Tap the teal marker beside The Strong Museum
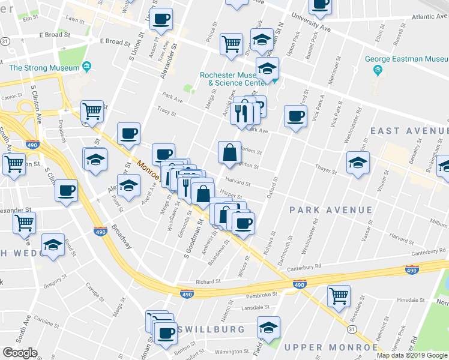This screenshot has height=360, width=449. pyautogui.click(x=86, y=65)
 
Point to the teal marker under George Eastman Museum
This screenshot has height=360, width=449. pyautogui.click(x=378, y=71)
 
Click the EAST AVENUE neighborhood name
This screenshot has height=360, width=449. pyautogui.click(x=409, y=131)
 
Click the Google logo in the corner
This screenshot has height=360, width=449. pyautogui.click(x=20, y=353)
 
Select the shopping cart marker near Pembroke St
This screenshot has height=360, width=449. pyautogui.click(x=339, y=296)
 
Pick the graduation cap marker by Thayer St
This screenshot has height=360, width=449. pyautogui.click(x=358, y=163)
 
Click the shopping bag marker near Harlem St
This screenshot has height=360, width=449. pyautogui.click(x=229, y=152)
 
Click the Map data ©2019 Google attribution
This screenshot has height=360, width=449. pyautogui.click(x=412, y=355)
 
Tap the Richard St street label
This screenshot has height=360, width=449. pyautogui.click(x=209, y=281)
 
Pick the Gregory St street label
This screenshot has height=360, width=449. pyautogui.click(x=55, y=280)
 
